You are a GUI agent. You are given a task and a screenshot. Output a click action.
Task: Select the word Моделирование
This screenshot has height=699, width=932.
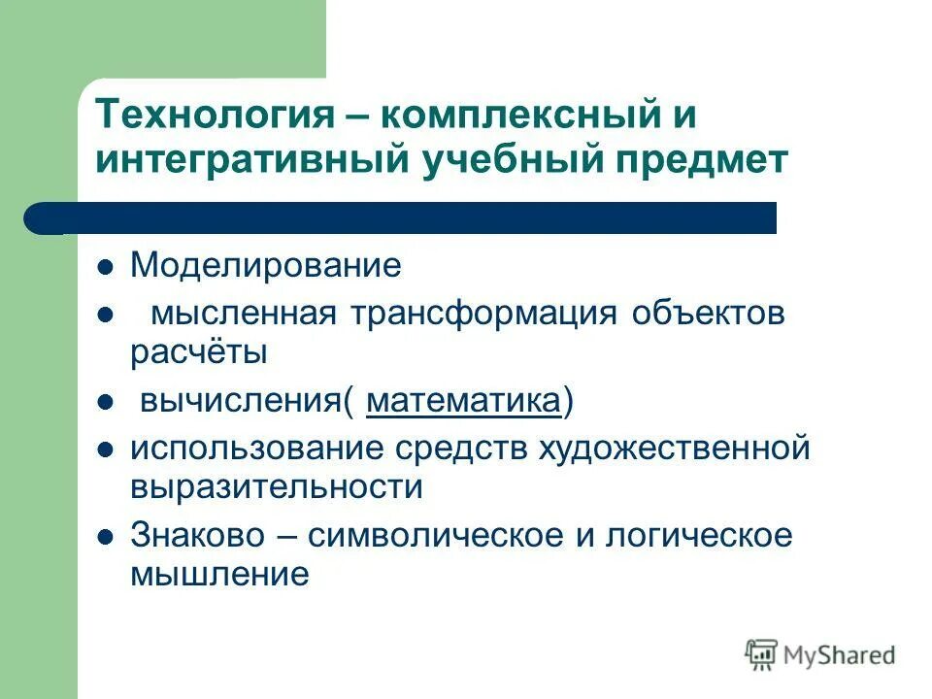265,265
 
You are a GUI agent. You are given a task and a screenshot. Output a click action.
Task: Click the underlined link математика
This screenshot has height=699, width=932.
464,401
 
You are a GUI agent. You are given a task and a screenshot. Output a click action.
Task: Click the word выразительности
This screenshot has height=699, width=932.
277,487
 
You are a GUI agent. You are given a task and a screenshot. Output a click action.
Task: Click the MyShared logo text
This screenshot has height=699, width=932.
835,655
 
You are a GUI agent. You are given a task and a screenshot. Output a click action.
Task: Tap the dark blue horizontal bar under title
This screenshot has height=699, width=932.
408,217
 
